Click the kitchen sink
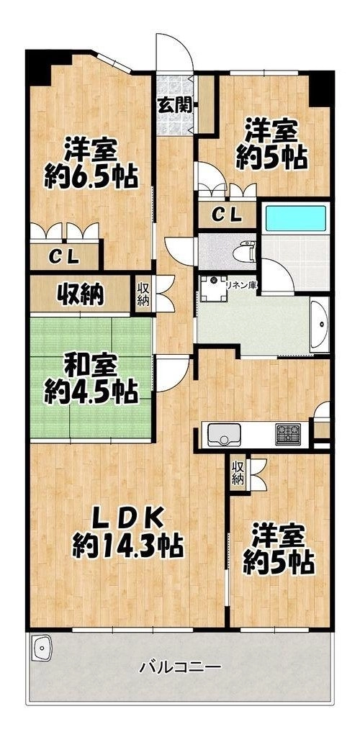coord(224,434)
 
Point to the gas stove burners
coord(288,434)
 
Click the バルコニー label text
coord(181,666)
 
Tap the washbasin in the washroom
coord(320,325)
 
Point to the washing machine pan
coord(213,288)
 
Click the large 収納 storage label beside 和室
coord(80,294)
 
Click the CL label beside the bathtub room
coord(227,216)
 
